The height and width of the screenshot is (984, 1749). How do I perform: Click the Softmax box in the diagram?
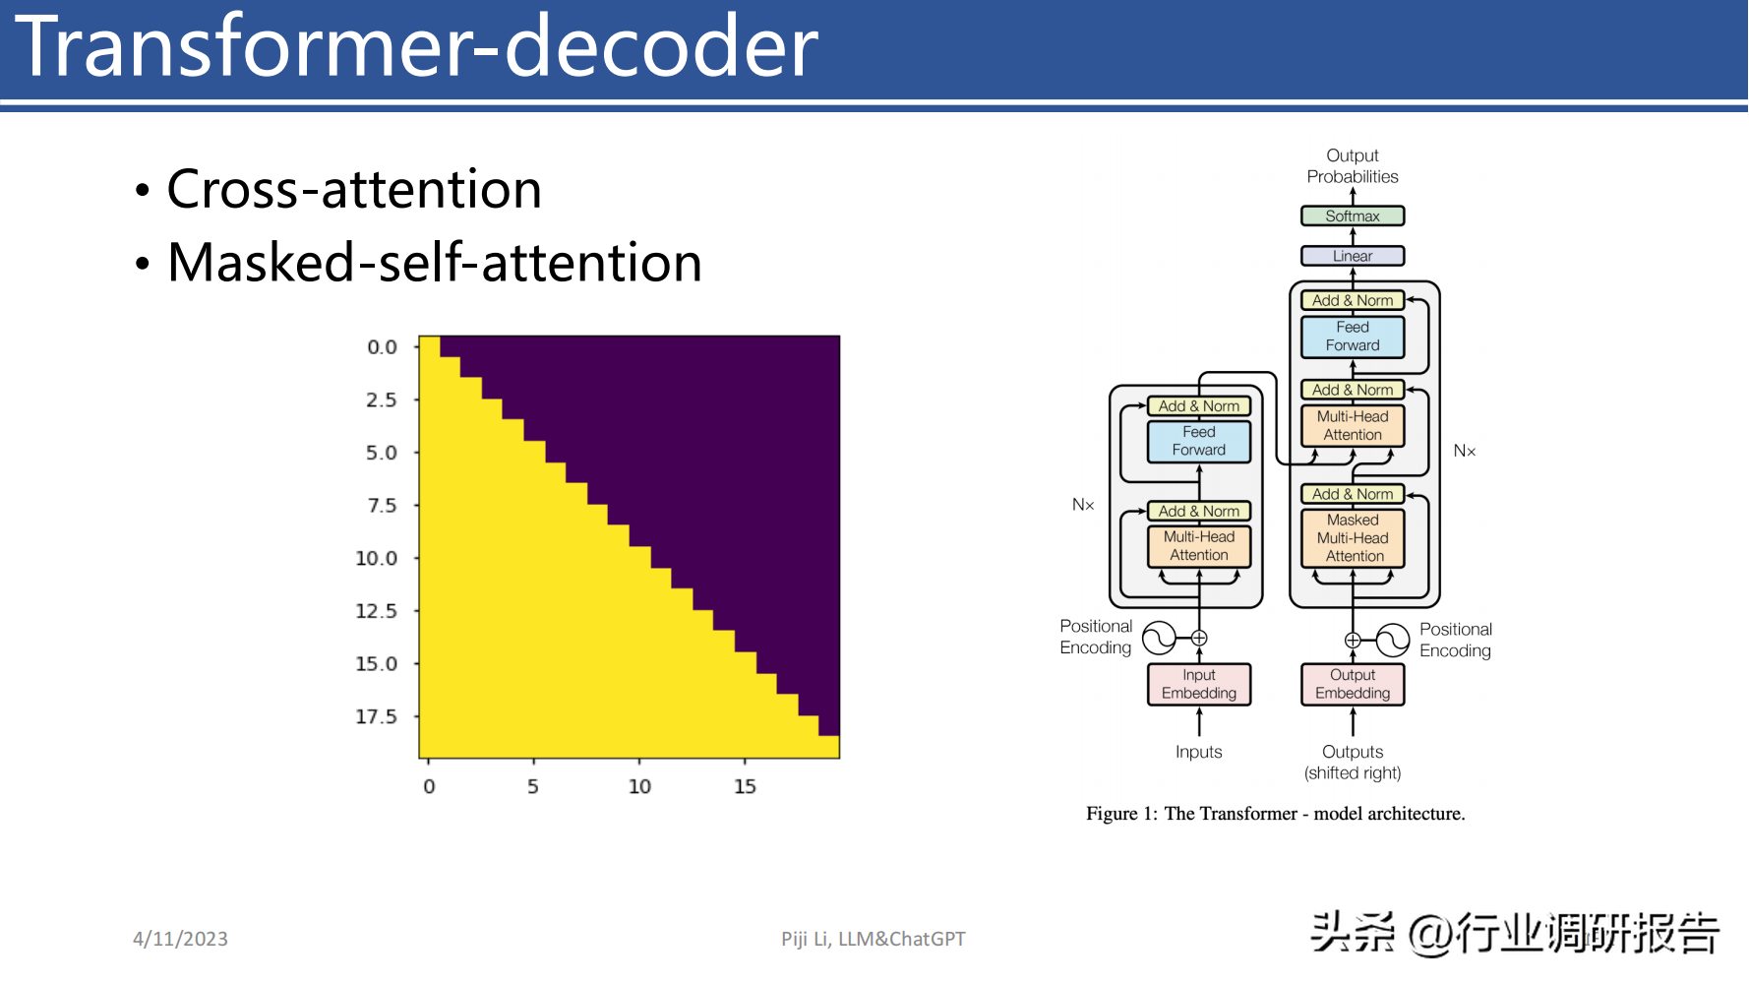click(1353, 215)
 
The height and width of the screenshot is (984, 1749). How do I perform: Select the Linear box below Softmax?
click(1353, 256)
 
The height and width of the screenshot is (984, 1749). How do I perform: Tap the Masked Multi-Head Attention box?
click(1353, 538)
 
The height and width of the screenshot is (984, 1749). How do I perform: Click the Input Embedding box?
click(1199, 684)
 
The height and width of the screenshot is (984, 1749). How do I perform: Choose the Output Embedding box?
click(1353, 684)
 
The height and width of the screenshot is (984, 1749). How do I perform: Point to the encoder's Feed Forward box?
click(1199, 441)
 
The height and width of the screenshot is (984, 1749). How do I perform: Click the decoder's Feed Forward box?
click(1353, 337)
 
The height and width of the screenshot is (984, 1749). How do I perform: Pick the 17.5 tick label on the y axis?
click(377, 716)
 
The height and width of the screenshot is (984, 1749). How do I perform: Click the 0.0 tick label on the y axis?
click(383, 347)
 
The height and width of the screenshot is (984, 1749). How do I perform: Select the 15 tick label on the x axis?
click(745, 786)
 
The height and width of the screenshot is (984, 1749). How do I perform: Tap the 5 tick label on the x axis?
click(533, 786)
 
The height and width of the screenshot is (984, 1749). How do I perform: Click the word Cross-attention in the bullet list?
click(354, 189)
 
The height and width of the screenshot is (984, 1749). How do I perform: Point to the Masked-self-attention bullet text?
click(435, 263)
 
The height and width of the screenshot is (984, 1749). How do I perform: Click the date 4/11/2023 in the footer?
click(180, 939)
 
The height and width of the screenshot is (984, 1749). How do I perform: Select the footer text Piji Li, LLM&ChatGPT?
click(874, 939)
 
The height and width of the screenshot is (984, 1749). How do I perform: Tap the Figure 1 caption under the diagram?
click(1276, 814)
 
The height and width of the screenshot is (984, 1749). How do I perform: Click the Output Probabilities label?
click(1353, 165)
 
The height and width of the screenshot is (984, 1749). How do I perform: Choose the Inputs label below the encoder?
click(1199, 752)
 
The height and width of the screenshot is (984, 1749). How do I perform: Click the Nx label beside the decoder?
click(1465, 451)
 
